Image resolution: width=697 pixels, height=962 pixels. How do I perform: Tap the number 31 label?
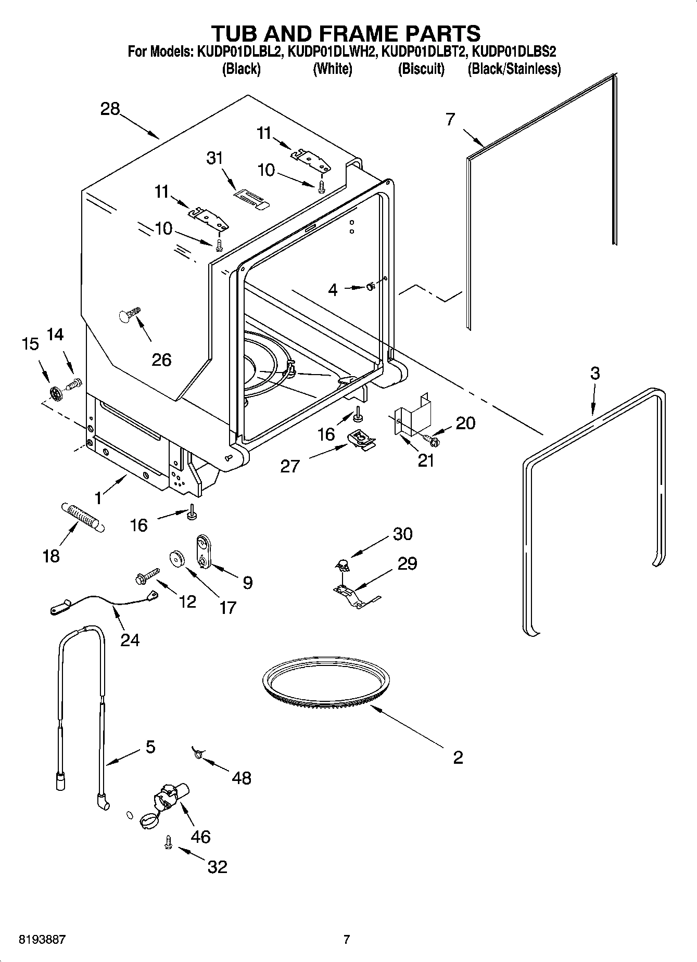[x=214, y=158]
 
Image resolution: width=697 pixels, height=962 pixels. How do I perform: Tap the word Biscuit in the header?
[x=421, y=69]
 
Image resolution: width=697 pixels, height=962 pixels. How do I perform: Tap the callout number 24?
[x=130, y=639]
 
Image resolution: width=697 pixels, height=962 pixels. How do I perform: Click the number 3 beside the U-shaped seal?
[x=594, y=373]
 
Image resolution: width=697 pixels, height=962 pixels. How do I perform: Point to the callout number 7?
[x=450, y=119]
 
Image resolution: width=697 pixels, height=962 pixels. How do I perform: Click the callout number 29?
[x=407, y=563]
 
